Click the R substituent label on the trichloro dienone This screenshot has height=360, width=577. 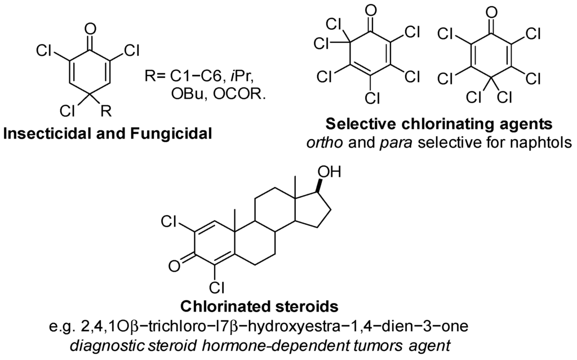(x=106, y=110)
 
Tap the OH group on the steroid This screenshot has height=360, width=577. (x=329, y=172)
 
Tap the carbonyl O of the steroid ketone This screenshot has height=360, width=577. (x=174, y=266)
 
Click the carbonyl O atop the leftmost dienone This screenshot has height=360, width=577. (x=90, y=28)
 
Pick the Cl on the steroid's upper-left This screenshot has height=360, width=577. (x=170, y=221)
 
